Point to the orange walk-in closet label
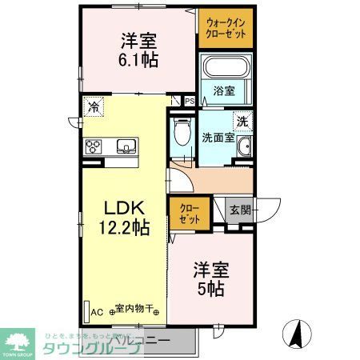point(226,30)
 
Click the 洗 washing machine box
point(242,122)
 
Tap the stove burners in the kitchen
point(94,146)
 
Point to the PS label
point(190,102)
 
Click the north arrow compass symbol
point(296,334)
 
